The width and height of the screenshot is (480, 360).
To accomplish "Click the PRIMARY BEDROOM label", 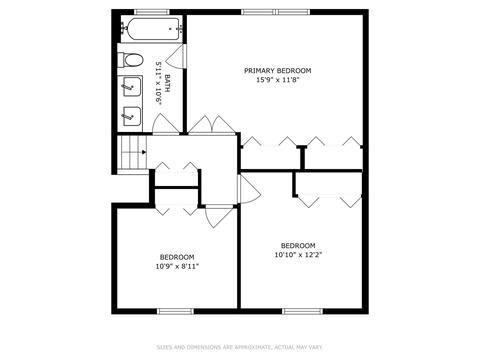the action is point(278,71).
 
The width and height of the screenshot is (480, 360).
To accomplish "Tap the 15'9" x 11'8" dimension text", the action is point(278,80).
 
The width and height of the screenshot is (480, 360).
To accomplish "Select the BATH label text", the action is point(167,83).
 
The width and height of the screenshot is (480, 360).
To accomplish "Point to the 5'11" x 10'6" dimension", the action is point(158,83).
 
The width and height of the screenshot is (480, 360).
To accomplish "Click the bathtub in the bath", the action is point(153,29).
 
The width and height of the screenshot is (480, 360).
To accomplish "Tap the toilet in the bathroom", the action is point(133,60).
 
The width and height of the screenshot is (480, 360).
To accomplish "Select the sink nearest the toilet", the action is point(132,87).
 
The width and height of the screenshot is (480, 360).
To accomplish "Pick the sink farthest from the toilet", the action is point(132,116).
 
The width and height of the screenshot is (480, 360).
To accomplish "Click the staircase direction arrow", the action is point(144,152).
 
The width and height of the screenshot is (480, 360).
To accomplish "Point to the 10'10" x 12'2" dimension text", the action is point(298,255).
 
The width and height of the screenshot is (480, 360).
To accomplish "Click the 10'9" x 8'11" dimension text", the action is point(177,266).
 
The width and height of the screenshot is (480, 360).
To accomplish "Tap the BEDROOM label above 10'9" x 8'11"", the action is point(177,257).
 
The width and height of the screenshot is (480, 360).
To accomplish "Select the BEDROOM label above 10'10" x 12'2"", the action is point(298,246).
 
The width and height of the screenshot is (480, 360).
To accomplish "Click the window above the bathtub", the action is point(152,12).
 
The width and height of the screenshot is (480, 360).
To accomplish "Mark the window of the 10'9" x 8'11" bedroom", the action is point(175,311).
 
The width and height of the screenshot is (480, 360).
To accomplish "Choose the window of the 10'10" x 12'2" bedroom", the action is point(303,311).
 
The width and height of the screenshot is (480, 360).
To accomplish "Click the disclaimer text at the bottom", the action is point(239,347).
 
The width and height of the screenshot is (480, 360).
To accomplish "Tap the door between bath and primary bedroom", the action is point(177,56).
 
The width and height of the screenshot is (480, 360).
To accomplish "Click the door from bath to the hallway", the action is point(165,124).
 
